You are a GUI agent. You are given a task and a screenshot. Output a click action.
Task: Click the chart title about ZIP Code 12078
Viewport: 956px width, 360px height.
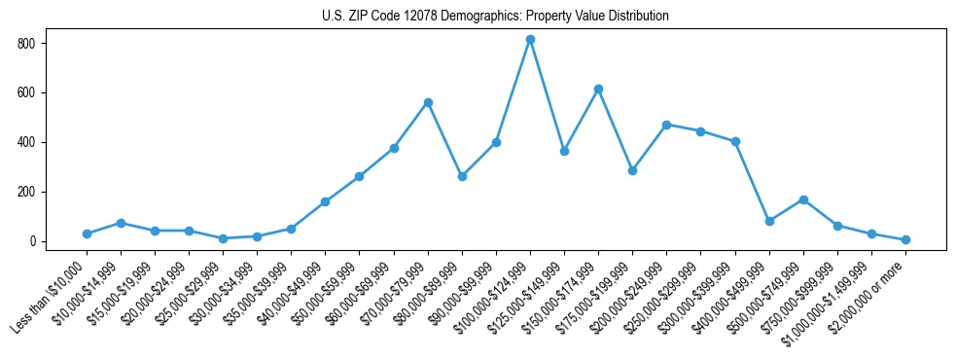(495, 16)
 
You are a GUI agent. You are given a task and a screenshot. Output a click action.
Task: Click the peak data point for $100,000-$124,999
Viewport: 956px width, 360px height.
(530, 40)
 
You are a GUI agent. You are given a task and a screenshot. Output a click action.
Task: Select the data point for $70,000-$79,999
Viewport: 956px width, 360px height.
(428, 102)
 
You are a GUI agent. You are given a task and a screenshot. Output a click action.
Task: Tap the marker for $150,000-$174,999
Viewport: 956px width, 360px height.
(599, 90)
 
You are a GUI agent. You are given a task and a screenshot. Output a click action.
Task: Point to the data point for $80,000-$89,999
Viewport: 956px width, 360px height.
(462, 176)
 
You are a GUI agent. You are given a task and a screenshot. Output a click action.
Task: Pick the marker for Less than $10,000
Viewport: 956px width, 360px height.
(87, 234)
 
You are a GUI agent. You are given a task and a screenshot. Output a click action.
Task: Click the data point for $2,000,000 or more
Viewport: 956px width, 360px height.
(905, 239)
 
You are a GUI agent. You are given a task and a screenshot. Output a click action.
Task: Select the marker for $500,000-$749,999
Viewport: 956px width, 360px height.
(803, 199)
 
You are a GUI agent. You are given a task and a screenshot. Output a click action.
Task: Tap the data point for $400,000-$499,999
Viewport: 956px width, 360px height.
(769, 221)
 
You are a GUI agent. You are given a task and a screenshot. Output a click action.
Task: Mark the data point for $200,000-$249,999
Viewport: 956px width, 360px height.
(667, 125)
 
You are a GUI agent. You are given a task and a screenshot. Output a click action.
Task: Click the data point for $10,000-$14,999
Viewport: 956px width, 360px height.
(121, 223)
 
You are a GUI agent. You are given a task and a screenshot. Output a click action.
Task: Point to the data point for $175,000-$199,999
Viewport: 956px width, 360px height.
(633, 170)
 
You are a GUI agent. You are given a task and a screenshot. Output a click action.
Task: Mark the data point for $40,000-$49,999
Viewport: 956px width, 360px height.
(326, 201)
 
